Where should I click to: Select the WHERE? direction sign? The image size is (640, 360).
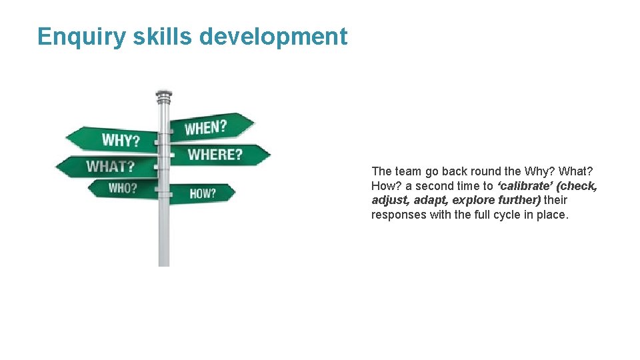(x=215, y=155)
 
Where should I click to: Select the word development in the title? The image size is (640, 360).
(x=273, y=36)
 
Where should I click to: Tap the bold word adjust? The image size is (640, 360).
(x=389, y=200)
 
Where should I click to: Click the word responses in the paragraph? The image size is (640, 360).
(x=398, y=215)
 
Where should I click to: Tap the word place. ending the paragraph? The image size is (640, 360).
(x=555, y=215)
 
